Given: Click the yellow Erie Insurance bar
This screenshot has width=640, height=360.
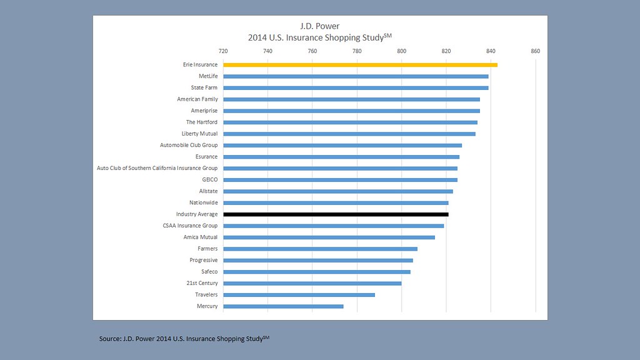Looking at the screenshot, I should (360, 64).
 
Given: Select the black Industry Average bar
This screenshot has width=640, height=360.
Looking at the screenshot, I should (336, 214).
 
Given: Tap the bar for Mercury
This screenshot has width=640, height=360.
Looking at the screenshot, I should (283, 306).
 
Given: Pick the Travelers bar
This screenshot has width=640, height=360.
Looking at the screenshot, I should (299, 294).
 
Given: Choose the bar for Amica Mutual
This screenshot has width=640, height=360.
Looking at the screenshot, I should (329, 237).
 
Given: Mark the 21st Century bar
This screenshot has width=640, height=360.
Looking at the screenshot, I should (312, 283).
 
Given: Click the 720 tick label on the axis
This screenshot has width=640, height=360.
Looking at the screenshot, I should (223, 51).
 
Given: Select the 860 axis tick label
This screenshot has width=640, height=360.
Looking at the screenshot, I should (535, 51).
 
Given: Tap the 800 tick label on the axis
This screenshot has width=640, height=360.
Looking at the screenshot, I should (401, 51).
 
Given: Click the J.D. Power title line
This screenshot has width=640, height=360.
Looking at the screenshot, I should (320, 26).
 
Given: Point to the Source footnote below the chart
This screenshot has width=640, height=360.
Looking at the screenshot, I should (184, 339).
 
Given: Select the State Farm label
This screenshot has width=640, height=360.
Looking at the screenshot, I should (204, 87).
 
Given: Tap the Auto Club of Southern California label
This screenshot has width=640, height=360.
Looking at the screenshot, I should (157, 168).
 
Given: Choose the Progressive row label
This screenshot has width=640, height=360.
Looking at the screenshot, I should (203, 260).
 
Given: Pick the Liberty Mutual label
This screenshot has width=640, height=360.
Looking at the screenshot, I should (200, 134).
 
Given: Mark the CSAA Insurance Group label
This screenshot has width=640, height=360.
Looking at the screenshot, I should (189, 226).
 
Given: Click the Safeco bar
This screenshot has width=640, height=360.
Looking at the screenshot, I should (316, 272).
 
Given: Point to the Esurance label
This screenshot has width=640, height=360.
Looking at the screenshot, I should (206, 157).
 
